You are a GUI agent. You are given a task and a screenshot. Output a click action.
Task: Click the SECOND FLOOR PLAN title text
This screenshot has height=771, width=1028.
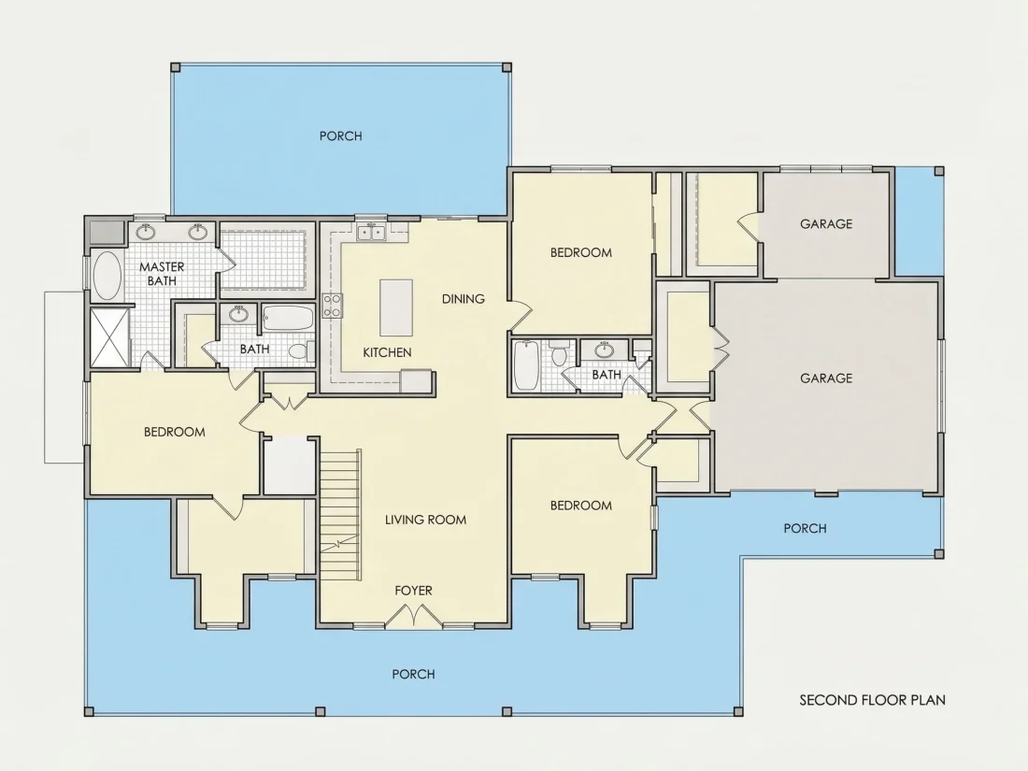pyautogui.click(x=872, y=700)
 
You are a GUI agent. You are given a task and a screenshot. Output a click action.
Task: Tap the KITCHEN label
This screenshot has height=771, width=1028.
pyautogui.click(x=387, y=352)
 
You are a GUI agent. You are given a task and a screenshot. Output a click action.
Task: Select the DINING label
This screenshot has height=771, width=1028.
pyautogui.click(x=463, y=299)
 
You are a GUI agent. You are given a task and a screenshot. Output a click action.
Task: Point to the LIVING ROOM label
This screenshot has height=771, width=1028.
pyautogui.click(x=425, y=520)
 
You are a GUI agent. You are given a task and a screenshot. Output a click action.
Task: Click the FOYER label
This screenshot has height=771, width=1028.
pyautogui.click(x=413, y=591)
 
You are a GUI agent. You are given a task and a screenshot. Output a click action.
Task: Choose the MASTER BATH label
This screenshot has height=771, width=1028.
pyautogui.click(x=162, y=274)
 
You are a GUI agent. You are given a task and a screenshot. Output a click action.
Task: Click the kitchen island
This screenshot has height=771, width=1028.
pyautogui.click(x=396, y=307)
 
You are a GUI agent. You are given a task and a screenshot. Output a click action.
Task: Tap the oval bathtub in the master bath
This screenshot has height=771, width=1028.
pyautogui.click(x=107, y=276)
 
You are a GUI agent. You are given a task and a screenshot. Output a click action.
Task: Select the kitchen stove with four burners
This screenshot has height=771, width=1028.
pyautogui.click(x=333, y=307)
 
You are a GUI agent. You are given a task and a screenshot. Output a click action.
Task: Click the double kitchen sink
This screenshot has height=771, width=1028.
pyautogui.click(x=371, y=232)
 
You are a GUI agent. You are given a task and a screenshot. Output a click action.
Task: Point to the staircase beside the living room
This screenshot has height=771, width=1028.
pyautogui.click(x=340, y=514)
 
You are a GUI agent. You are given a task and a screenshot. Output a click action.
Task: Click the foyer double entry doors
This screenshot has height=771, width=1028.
pyautogui.click(x=413, y=615)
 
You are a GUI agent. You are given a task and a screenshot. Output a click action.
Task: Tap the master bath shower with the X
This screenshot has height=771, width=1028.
pyautogui.click(x=108, y=337)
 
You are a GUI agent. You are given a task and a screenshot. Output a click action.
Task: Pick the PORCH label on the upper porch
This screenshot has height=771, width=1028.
pyautogui.click(x=340, y=136)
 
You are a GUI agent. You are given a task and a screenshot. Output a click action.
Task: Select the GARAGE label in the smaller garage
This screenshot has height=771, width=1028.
pyautogui.click(x=826, y=223)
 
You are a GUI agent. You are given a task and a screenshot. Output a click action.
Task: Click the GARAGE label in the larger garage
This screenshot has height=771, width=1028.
pyautogui.click(x=826, y=378)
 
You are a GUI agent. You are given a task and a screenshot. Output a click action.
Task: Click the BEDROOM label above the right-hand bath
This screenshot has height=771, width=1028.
pyautogui.click(x=581, y=252)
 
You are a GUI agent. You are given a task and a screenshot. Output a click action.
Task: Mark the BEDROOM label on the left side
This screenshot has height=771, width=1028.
pyautogui.click(x=175, y=432)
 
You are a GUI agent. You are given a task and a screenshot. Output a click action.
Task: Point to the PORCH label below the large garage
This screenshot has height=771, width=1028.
pyautogui.click(x=805, y=528)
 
